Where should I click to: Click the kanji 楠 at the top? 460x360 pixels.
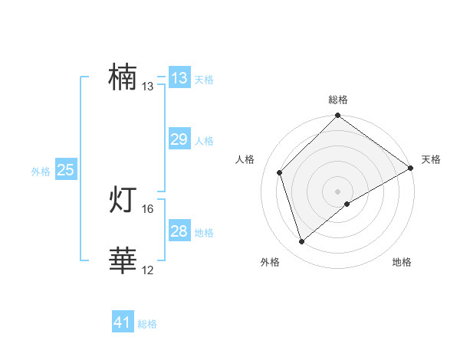click(x=123, y=77)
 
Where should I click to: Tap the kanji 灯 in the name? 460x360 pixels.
click(x=123, y=200)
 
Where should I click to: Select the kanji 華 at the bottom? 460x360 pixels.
click(x=123, y=261)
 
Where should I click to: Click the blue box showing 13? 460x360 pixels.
click(x=179, y=78)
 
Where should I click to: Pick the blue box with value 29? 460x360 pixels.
click(x=179, y=139)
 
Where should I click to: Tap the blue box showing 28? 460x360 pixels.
click(x=179, y=231)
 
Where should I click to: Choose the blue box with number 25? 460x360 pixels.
click(x=66, y=170)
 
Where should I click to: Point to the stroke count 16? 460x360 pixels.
click(x=148, y=208)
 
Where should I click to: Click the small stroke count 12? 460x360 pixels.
click(x=148, y=270)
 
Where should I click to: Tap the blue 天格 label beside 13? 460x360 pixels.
click(x=204, y=80)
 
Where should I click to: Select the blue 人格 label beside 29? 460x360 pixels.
click(x=204, y=141)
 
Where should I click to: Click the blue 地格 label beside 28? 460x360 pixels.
click(x=204, y=233)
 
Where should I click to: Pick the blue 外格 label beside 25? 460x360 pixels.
click(x=41, y=172)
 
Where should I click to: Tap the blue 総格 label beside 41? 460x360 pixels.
click(x=147, y=324)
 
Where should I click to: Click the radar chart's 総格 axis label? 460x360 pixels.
click(x=338, y=100)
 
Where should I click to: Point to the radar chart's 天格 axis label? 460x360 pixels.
click(x=431, y=159)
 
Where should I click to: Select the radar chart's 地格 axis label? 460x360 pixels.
click(x=402, y=262)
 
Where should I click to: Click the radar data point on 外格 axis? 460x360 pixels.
click(x=302, y=241)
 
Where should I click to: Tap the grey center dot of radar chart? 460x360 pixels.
click(x=337, y=191)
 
